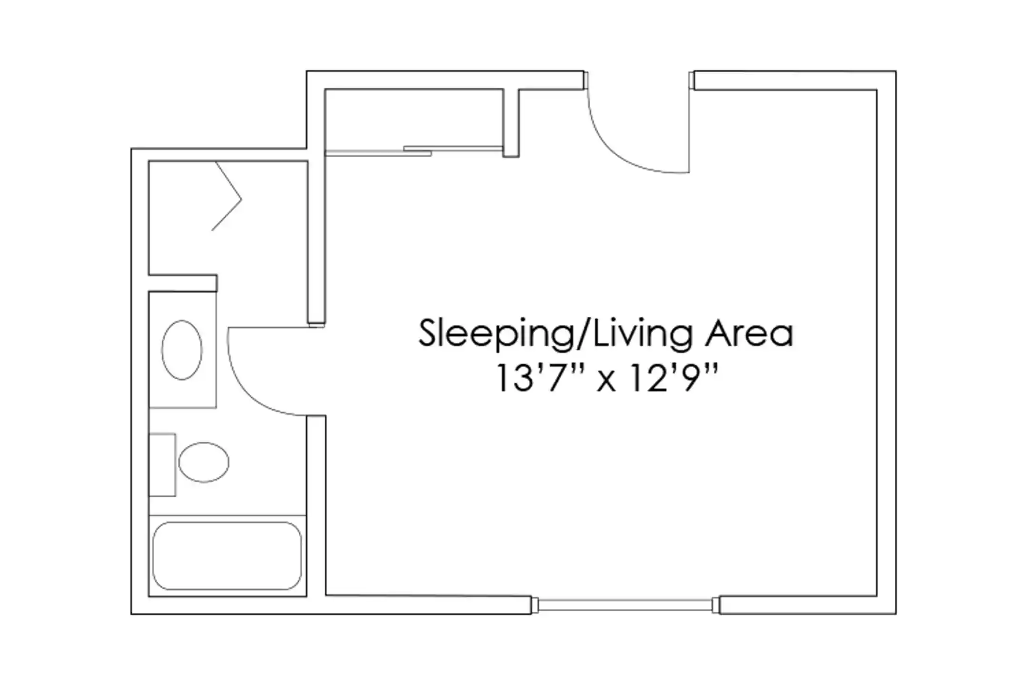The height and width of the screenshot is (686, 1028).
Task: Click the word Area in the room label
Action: click(749, 333)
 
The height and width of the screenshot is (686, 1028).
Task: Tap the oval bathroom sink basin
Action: click(182, 350)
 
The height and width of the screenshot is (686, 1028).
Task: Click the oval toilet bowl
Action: click(204, 462)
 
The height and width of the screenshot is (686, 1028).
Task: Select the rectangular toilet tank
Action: click(162, 465)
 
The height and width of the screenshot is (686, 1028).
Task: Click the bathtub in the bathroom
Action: click(227, 556)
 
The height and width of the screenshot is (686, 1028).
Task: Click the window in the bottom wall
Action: click(625, 605)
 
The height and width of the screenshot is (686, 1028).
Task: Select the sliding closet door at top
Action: click(414, 151)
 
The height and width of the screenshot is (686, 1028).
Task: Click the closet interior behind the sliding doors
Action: click(414, 118)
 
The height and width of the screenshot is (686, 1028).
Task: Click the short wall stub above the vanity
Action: click(183, 283)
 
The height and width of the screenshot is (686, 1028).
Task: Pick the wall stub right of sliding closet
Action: click(511, 123)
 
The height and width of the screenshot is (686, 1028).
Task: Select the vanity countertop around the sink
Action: click(183, 350)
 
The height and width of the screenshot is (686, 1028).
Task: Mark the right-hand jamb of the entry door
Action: click(692, 80)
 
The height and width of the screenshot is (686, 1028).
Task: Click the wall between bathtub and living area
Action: click(316, 506)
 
